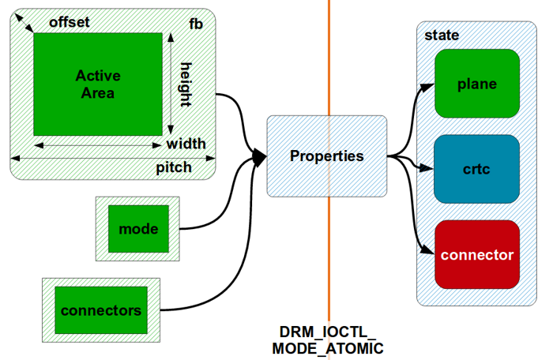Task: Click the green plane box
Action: pos(476,84)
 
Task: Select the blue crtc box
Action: pos(476,169)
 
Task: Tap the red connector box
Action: pos(476,255)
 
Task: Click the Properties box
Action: pos(326,156)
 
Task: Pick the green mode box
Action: pos(138,229)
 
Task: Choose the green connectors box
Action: pos(101,309)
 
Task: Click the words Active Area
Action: pos(98,84)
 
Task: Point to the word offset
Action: pos(70,22)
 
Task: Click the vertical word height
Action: pos(186,84)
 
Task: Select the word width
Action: pos(186,144)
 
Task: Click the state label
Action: pos(442,36)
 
